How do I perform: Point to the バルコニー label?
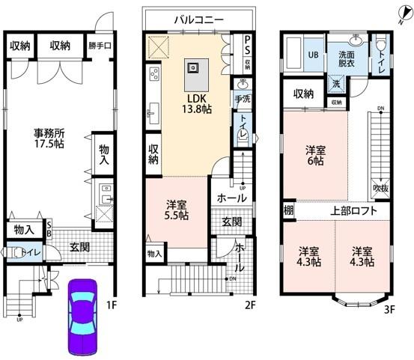(x=198, y=20)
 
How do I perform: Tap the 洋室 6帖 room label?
(x=314, y=154)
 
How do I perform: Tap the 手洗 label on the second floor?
(x=243, y=98)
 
